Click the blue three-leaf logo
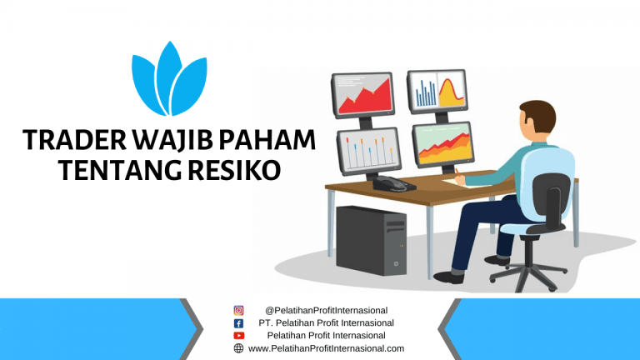[x=169, y=79]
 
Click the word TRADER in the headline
[x=75, y=140]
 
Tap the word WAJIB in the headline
[x=172, y=141]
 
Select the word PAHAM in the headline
[x=267, y=140]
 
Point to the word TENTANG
[x=120, y=170]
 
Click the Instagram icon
[x=239, y=311]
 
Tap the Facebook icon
[x=239, y=323]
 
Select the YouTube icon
[x=239, y=336]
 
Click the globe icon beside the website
[x=239, y=348]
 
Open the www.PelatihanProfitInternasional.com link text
[x=326, y=348]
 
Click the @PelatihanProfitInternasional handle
[x=326, y=311]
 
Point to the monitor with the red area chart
[x=362, y=95]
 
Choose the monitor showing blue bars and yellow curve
[x=437, y=92]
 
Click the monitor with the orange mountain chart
[x=443, y=144]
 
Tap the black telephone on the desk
[x=393, y=183]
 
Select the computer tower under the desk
[x=371, y=240]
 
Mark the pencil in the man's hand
[x=458, y=173]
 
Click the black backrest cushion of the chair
[x=550, y=200]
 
